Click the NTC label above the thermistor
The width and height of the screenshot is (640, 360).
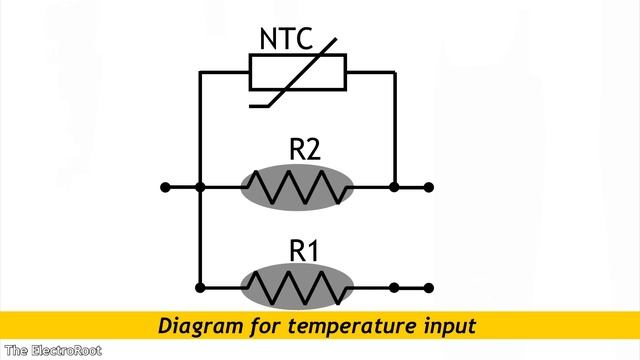point(287,40)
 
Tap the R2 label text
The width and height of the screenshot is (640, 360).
point(305,150)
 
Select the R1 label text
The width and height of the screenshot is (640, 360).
point(304,251)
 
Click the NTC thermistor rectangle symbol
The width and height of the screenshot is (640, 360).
point(297,73)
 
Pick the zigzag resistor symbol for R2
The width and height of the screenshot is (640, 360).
point(297,187)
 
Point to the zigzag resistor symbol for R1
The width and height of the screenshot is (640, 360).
point(297,288)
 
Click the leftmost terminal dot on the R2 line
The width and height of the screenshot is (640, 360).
point(165,187)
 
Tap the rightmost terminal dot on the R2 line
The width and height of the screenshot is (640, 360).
point(429,187)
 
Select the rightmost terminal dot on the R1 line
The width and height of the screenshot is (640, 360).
point(429,288)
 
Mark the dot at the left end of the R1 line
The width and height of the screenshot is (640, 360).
point(201,288)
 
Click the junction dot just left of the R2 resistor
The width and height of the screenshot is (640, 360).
point(201,187)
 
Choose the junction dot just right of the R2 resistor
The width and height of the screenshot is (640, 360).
point(395,187)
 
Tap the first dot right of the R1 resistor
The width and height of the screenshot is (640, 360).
point(395,288)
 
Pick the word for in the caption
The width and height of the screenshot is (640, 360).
point(260,326)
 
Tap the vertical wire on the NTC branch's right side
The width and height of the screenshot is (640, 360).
point(395,130)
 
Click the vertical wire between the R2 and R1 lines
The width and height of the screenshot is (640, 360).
point(201,238)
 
